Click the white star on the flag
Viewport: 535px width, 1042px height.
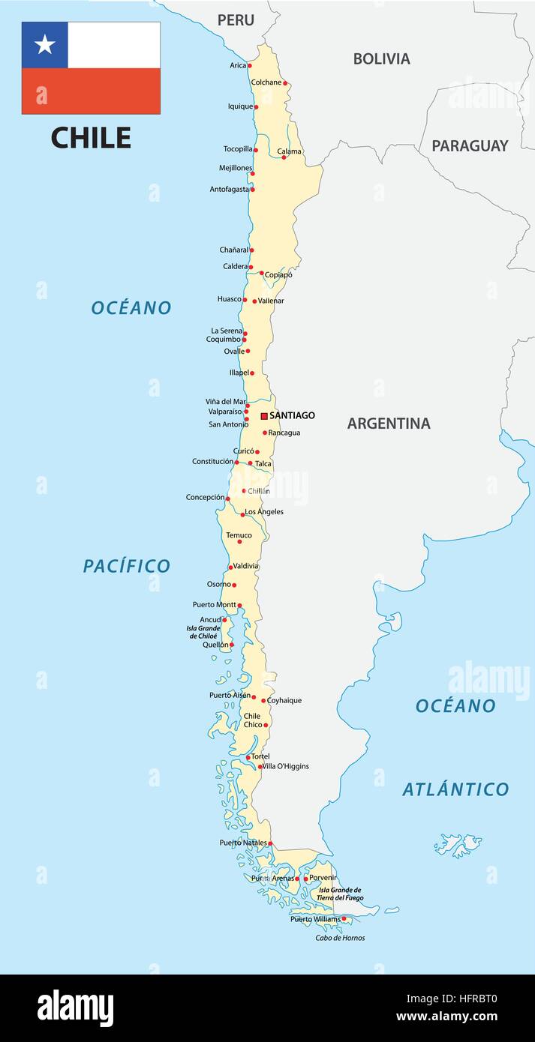click(45, 45)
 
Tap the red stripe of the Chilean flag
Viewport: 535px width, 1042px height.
click(91, 91)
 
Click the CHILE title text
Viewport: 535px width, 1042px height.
click(91, 138)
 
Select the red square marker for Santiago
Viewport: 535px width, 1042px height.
click(264, 415)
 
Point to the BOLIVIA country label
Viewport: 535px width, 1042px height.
click(381, 58)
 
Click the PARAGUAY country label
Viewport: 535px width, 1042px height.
click(470, 145)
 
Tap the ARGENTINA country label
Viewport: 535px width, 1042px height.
click(389, 424)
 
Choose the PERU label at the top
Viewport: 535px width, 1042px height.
click(236, 20)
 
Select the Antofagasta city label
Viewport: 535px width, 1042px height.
click(229, 190)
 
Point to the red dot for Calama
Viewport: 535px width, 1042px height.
click(284, 157)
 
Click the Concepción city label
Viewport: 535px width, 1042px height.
click(205, 497)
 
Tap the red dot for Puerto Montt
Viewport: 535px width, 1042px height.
click(239, 605)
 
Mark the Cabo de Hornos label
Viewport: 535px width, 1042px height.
click(340, 938)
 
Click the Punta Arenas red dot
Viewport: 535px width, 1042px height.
click(297, 879)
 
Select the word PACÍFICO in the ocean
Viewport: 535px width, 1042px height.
click(127, 566)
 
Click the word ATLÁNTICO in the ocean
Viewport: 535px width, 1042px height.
click(455, 789)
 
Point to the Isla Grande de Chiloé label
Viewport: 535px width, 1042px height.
click(203, 632)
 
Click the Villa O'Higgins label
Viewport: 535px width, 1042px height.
click(286, 766)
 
